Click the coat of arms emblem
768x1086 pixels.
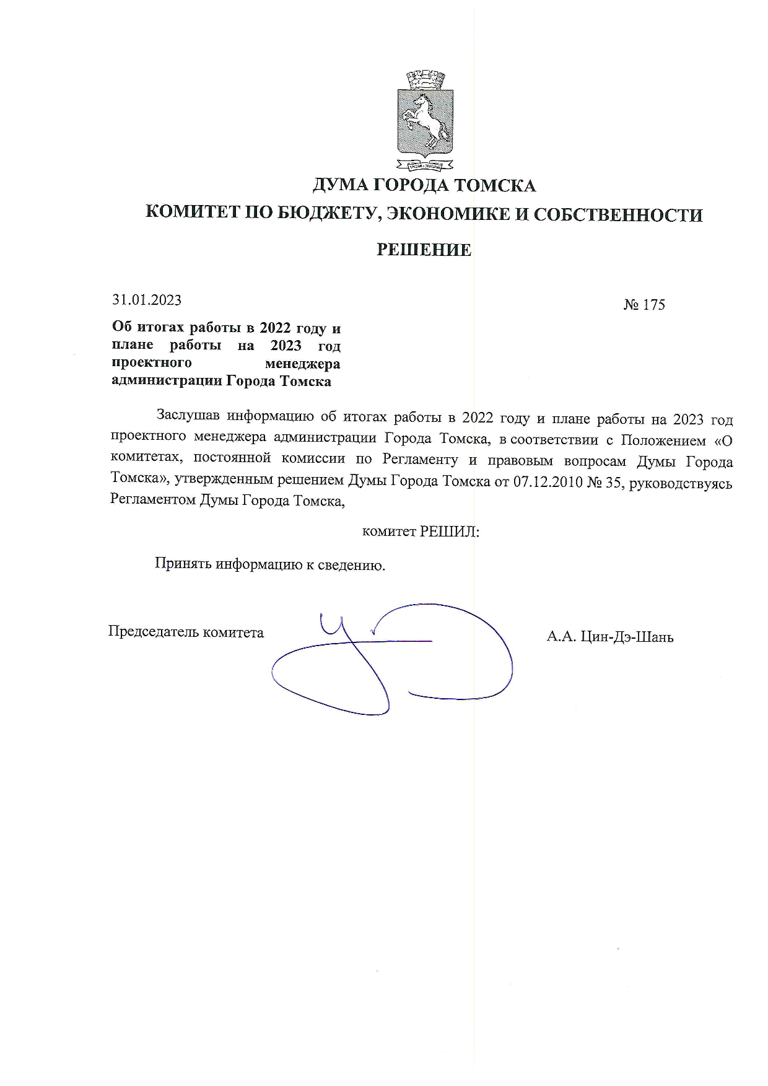(x=424, y=121)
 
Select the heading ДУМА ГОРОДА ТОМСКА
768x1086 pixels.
(x=424, y=185)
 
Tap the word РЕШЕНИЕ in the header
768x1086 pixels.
(x=424, y=250)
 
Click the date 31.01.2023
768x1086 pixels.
(x=147, y=300)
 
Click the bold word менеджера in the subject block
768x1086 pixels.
(x=302, y=364)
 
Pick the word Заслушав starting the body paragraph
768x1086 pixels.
(x=189, y=416)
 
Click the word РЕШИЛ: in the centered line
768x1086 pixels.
(x=450, y=532)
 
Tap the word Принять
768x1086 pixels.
(x=183, y=565)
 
